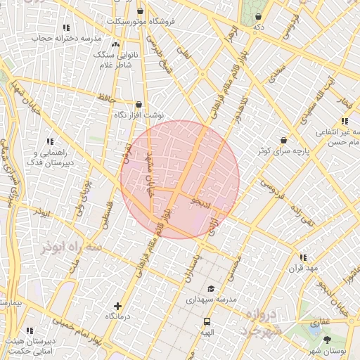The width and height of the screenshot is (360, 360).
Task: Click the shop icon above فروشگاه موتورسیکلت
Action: pyautogui.click(x=141, y=11)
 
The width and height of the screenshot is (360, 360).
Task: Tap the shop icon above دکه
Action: pyautogui.click(x=259, y=16)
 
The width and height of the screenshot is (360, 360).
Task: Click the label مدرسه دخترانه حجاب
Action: pyautogui.click(x=67, y=38)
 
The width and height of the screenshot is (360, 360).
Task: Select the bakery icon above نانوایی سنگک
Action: pyautogui.click(x=115, y=44)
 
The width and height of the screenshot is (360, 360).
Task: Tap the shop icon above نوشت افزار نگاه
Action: pyautogui.click(x=139, y=105)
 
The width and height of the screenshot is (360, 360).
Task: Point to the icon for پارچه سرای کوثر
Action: pyautogui.click(x=283, y=141)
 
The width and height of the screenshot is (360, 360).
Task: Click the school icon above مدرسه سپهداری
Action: pyautogui.click(x=211, y=289)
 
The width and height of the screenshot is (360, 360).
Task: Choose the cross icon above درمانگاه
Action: pyautogui.click(x=117, y=306)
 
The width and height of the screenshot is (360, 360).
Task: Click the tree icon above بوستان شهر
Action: pyautogui.click(x=327, y=340)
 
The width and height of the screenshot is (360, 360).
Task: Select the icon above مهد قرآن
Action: pyautogui.click(x=303, y=258)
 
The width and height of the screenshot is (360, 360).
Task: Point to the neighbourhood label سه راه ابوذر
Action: pyautogui.click(x=72, y=248)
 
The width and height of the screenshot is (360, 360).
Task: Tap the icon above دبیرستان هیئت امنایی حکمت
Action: pyautogui.click(x=30, y=330)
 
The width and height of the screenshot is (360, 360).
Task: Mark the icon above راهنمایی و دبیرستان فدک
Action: pyautogui.click(x=49, y=141)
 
